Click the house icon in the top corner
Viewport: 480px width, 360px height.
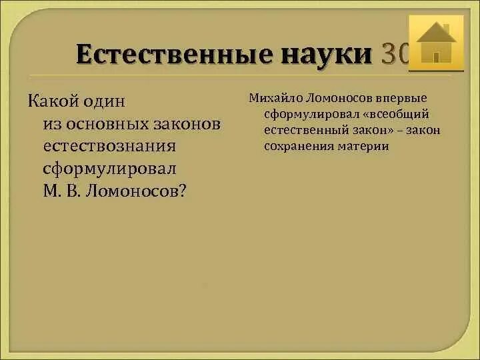pos(436,43)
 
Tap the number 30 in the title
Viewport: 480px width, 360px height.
pos(394,54)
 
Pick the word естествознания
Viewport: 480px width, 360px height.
pos(109,146)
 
